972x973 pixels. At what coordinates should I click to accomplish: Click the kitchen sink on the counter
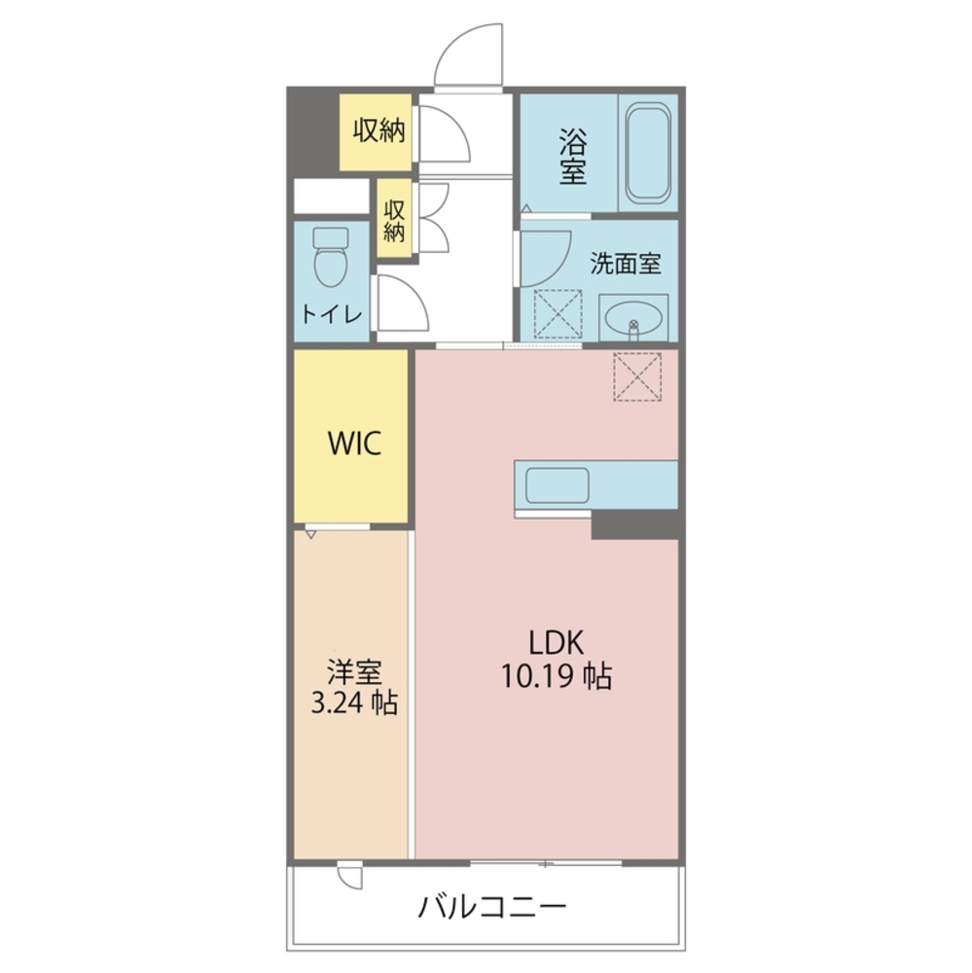(556, 485)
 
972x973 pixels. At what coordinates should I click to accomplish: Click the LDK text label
(556, 642)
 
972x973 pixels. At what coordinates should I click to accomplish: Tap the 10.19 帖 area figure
(557, 675)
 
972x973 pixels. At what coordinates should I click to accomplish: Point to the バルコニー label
(492, 908)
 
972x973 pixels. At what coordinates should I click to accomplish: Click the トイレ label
(332, 315)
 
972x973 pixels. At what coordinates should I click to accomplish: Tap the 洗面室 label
(627, 264)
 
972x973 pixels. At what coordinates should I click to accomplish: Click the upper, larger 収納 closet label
(378, 130)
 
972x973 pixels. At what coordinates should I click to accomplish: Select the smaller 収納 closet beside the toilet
(394, 221)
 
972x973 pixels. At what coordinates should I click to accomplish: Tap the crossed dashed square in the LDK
(637, 377)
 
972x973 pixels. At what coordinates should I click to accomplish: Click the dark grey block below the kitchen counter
(634, 524)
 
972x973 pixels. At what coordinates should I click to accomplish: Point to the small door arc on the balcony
(349, 875)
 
